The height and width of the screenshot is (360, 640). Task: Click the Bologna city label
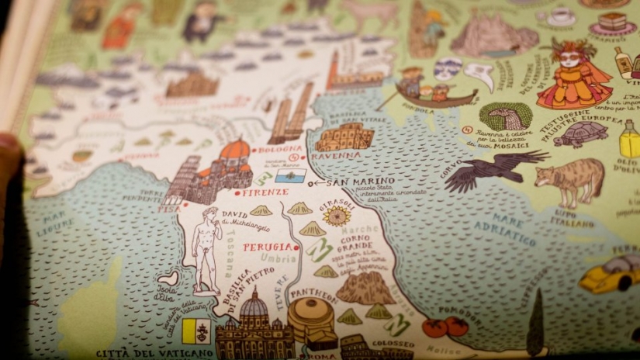tap(280, 149)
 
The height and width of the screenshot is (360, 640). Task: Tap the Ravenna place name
tap(335, 155)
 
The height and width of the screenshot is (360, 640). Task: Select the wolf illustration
tap(569, 181)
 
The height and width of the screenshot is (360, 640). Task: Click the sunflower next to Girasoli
tap(337, 215)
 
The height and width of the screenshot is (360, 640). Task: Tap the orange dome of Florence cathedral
tap(234, 151)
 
